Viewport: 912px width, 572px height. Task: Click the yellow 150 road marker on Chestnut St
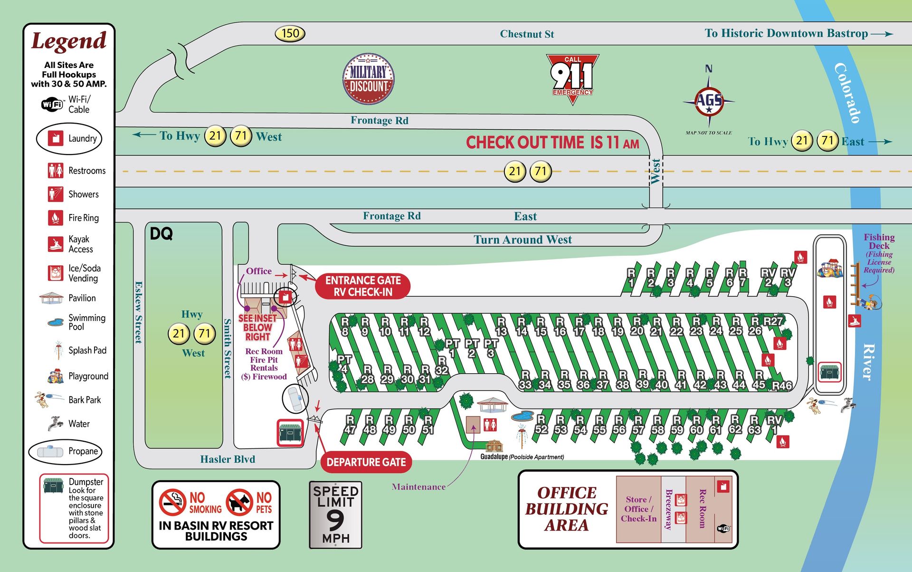(x=290, y=33)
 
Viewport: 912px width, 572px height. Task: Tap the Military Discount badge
(x=369, y=79)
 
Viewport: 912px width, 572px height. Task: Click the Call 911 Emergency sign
(x=572, y=76)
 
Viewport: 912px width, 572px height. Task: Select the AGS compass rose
(x=709, y=101)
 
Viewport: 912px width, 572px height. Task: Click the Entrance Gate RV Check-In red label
(x=362, y=286)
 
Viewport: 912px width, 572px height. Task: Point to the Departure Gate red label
(x=366, y=462)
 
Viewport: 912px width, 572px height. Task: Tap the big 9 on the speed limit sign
(x=335, y=520)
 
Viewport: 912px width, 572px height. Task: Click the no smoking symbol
(x=172, y=502)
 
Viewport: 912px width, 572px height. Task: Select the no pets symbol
(x=239, y=502)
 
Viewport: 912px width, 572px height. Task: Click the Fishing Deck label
(x=879, y=242)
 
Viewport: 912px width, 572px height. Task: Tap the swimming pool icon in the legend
(x=56, y=322)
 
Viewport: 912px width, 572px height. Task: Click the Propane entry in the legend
(x=65, y=451)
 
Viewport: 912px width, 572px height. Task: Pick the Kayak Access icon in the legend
(x=56, y=244)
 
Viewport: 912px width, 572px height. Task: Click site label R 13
(x=501, y=327)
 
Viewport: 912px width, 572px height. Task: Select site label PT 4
(x=344, y=364)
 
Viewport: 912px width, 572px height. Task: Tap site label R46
(x=782, y=385)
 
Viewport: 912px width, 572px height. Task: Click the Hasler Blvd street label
(x=228, y=459)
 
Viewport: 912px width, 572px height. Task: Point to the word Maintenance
(x=418, y=487)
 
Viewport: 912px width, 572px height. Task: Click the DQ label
(x=161, y=233)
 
